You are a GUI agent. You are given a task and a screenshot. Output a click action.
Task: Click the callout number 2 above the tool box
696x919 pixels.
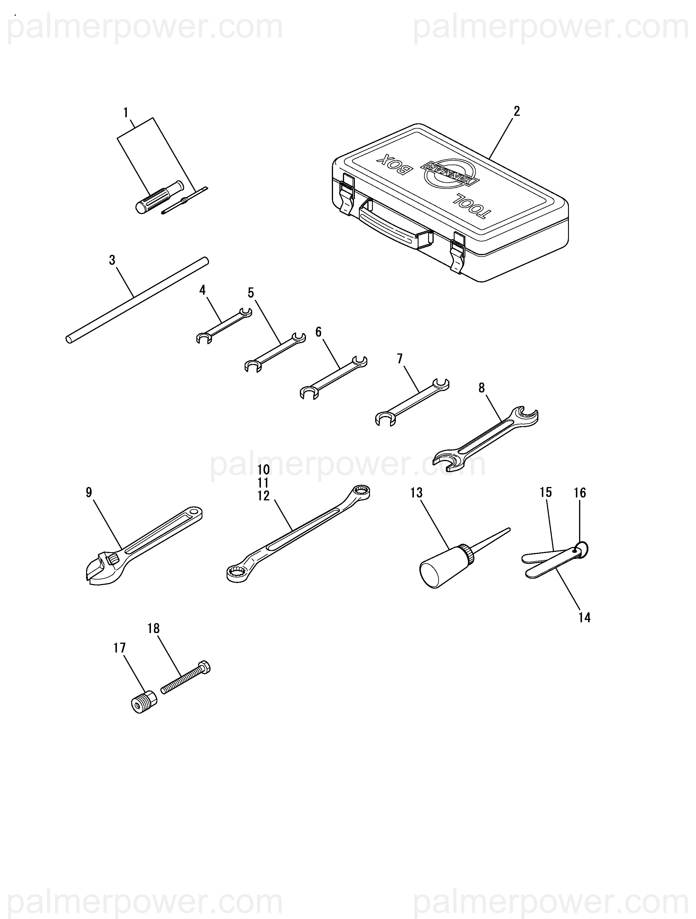click(517, 111)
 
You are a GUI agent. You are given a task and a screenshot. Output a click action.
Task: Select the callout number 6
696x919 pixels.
click(318, 332)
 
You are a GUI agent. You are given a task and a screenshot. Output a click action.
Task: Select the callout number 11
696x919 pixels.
click(263, 483)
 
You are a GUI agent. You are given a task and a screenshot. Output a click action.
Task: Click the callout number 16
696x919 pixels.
click(580, 493)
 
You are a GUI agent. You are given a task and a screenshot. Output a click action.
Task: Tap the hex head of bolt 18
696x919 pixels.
click(204, 668)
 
